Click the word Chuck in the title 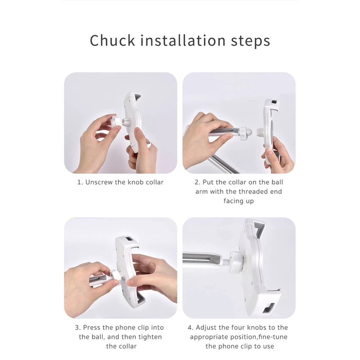(112, 40)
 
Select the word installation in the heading (183, 40)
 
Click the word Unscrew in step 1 (99, 182)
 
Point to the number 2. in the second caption (198, 182)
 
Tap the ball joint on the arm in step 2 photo (248, 132)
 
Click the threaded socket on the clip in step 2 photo (260, 133)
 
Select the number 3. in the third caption (78, 328)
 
